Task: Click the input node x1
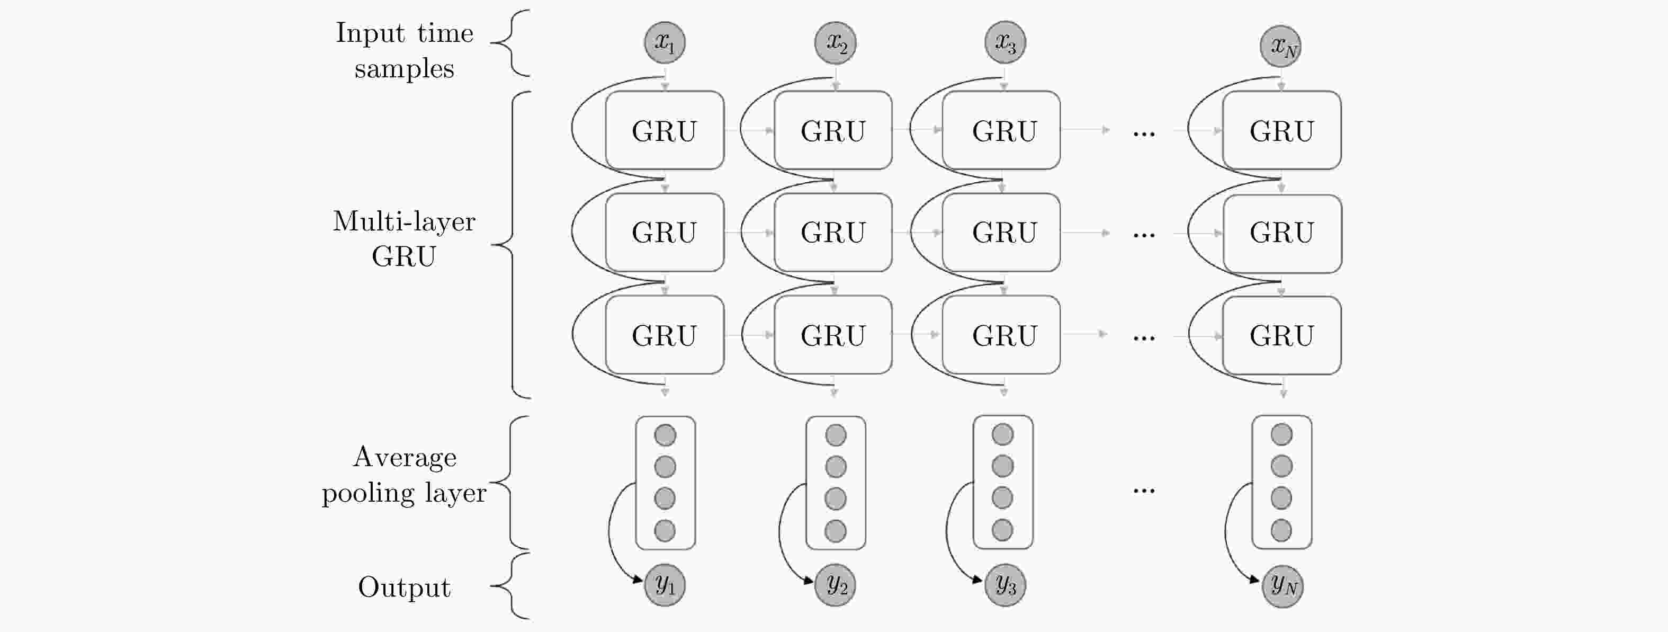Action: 665,43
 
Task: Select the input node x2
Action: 835,43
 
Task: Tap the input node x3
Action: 1005,43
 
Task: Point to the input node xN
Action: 1281,46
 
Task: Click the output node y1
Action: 665,585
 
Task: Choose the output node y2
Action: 835,585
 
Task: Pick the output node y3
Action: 1005,585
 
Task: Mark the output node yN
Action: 1282,586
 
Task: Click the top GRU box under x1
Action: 665,130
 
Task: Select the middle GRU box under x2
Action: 833,232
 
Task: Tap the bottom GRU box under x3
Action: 1001,335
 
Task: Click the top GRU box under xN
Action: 1281,130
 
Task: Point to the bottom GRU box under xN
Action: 1281,335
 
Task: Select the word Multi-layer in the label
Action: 404,221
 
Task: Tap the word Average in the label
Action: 405,457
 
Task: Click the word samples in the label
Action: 404,69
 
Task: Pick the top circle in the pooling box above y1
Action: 665,434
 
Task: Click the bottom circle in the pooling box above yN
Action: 1281,530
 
